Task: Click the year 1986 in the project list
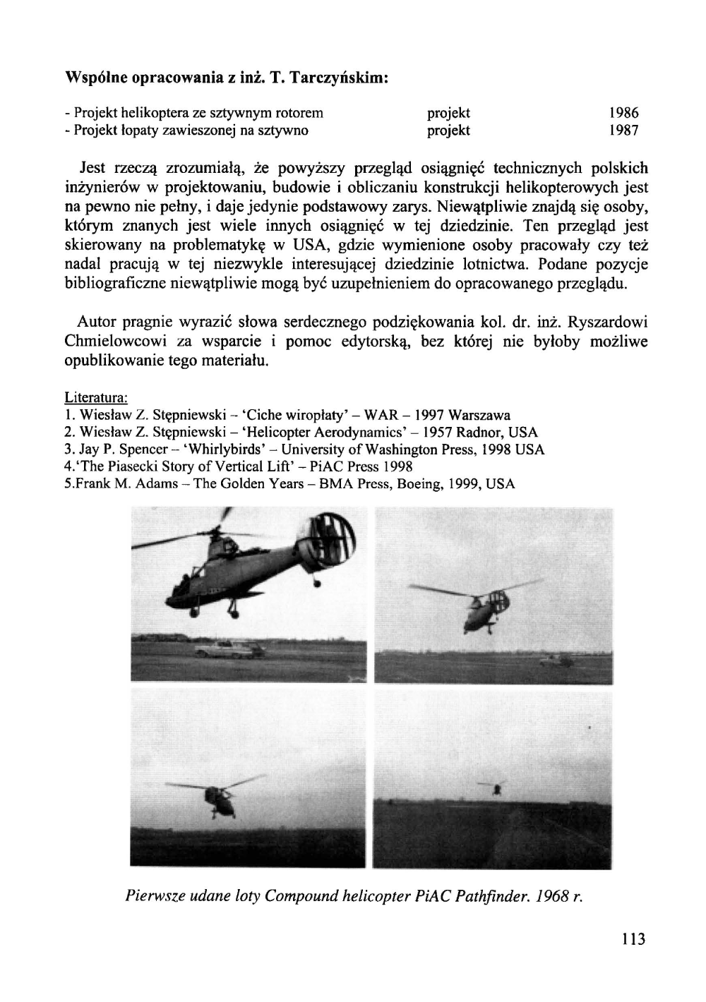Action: (623, 113)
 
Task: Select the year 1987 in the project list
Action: (623, 131)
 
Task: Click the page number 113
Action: (633, 939)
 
